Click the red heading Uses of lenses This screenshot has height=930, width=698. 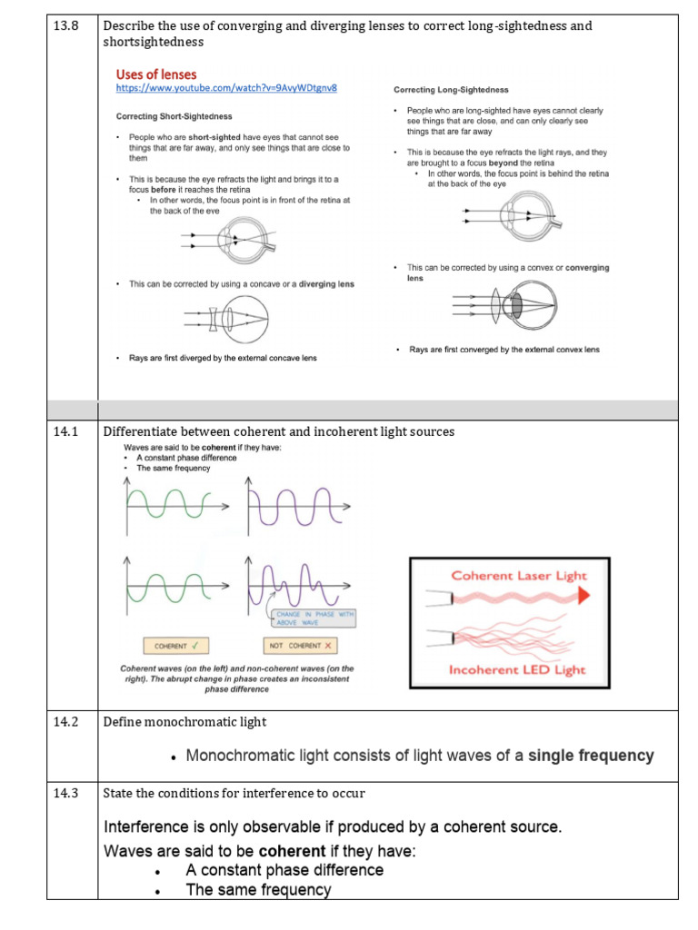155,74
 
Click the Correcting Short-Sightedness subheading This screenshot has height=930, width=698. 174,116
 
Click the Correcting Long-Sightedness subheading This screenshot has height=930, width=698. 451,90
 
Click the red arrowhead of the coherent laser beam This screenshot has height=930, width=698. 582,594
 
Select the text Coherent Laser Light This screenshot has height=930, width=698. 519,575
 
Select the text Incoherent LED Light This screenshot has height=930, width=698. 517,670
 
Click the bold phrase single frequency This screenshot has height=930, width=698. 591,756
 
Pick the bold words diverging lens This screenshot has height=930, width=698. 326,284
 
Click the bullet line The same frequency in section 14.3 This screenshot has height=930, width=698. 258,890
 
